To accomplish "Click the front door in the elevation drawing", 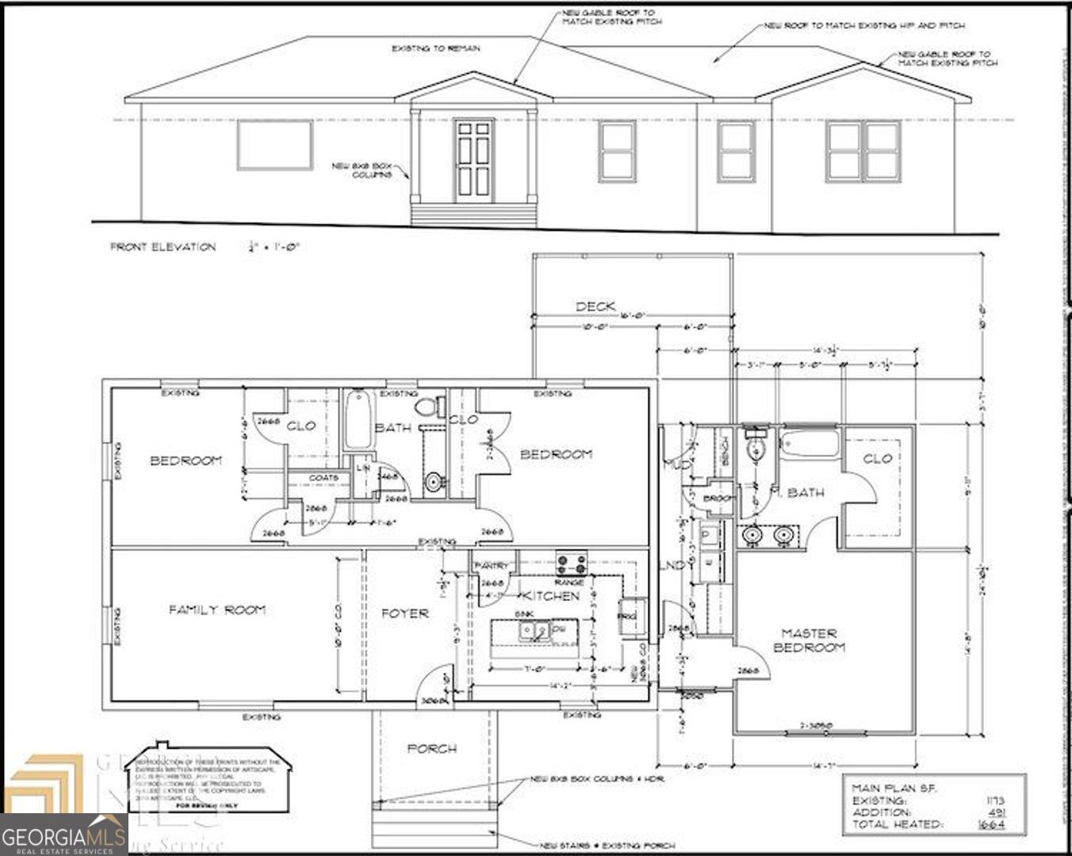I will pyautogui.click(x=473, y=161).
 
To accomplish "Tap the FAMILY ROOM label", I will pyautogui.click(x=216, y=610).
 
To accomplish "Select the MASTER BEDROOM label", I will pyautogui.click(x=810, y=640).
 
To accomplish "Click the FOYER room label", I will pyautogui.click(x=404, y=613).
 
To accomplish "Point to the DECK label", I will pyautogui.click(x=595, y=307).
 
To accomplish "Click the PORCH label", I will pyautogui.click(x=432, y=748).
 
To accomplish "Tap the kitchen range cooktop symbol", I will pyautogui.click(x=571, y=564).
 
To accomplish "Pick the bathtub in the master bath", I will pyautogui.click(x=810, y=442).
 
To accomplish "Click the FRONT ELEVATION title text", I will pyautogui.click(x=163, y=247).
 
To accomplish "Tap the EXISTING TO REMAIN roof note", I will pyautogui.click(x=435, y=49).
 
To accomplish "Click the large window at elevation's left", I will pyautogui.click(x=274, y=145).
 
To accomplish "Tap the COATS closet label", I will pyautogui.click(x=324, y=478).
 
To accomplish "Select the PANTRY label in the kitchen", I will pyautogui.click(x=491, y=565).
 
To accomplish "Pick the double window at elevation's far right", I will pyautogui.click(x=863, y=151).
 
